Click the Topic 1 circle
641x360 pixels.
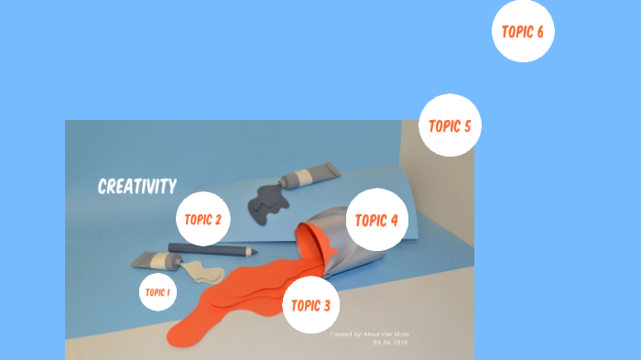click(158, 292)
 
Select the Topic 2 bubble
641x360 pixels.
click(202, 219)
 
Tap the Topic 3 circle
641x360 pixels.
click(310, 304)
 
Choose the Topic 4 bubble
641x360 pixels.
click(375, 220)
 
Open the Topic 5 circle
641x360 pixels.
click(450, 125)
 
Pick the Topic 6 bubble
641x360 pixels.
click(523, 31)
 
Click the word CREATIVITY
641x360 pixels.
click(137, 187)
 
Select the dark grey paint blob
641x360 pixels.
click(267, 202)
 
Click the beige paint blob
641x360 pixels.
click(202, 272)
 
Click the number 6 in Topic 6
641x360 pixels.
click(540, 31)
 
